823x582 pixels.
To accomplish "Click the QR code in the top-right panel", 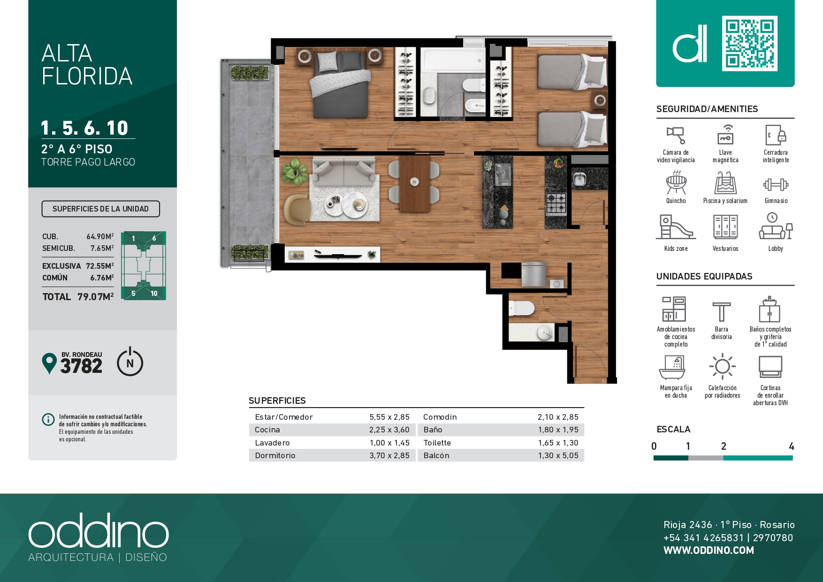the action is tap(749, 44).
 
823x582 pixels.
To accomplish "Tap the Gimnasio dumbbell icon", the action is tap(776, 184).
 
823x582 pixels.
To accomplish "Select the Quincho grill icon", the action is tap(676, 182).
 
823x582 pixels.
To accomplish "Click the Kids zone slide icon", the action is tap(676, 227).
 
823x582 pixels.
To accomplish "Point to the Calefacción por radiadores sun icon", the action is tap(723, 366).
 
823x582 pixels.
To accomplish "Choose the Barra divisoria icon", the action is tap(722, 312).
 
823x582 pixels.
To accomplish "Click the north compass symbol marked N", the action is tap(130, 362).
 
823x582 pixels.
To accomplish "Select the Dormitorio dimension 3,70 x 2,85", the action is tap(389, 455).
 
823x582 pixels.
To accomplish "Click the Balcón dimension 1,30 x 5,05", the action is tap(558, 455).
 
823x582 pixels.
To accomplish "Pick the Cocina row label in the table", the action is tap(267, 430).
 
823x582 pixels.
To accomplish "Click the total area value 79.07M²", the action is tap(96, 297).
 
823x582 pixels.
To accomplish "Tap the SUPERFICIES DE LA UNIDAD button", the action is tap(100, 209).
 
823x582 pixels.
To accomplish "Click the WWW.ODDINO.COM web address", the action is tap(709, 551).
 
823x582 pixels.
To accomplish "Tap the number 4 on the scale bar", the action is tap(792, 446).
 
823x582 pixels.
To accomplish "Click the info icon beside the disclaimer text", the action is tap(48, 419).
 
